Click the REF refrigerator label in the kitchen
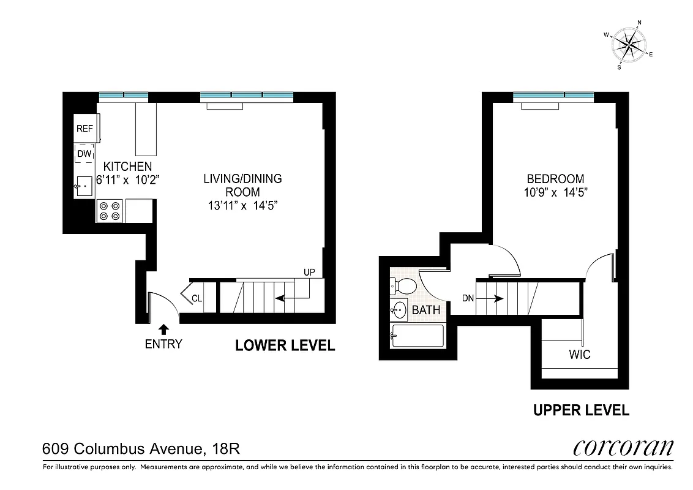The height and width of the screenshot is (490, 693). click(x=84, y=129)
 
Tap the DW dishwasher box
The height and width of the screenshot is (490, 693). click(x=84, y=154)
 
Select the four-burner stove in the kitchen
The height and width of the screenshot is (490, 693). click(x=109, y=211)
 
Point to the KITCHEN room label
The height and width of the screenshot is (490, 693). click(x=127, y=167)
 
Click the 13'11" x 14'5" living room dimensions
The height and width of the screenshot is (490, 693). click(x=242, y=206)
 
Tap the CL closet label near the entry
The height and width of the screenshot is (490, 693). click(x=197, y=299)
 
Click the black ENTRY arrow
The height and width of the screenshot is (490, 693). click(x=163, y=329)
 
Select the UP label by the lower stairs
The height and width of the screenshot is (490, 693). click(x=309, y=271)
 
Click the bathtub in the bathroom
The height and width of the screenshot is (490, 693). click(x=417, y=336)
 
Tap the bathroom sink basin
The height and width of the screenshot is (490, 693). click(x=399, y=311)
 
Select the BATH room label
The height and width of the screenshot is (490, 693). click(x=425, y=311)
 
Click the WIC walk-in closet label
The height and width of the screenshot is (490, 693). click(x=579, y=355)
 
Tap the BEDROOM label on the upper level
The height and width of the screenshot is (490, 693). click(x=555, y=179)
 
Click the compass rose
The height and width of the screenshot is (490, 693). click(x=629, y=44)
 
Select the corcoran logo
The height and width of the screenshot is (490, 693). click(x=623, y=448)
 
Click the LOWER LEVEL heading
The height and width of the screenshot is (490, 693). click(x=285, y=346)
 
